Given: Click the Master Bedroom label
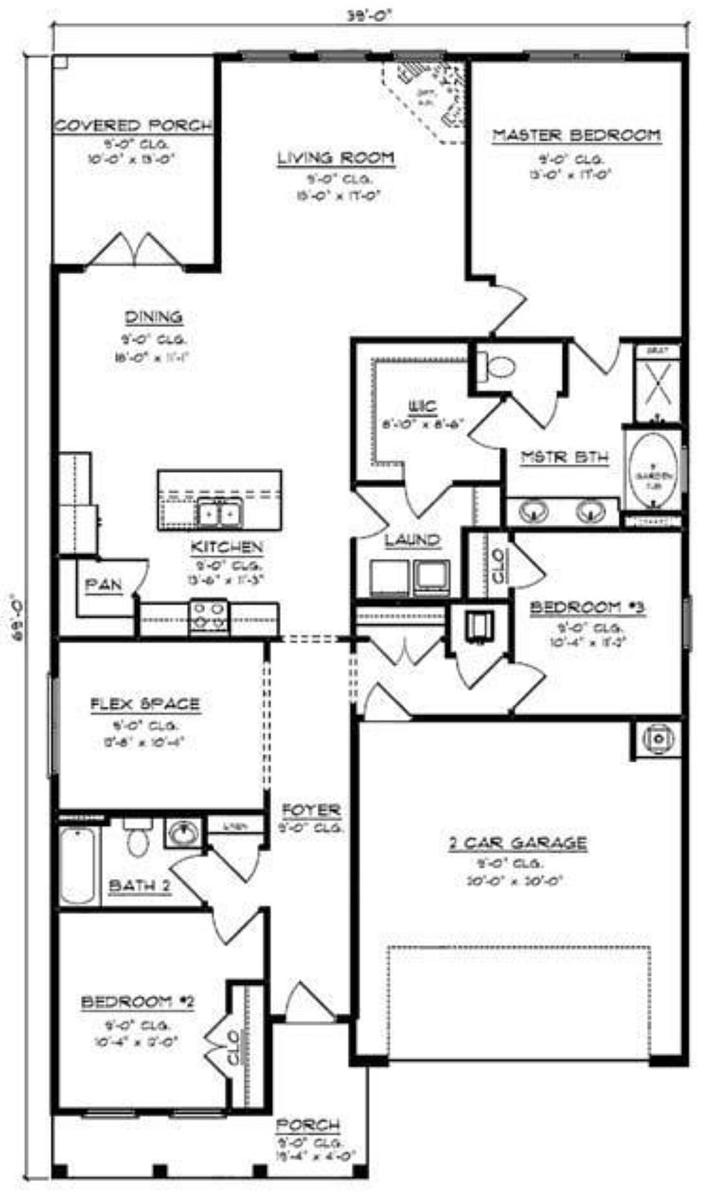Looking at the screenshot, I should tap(576, 135).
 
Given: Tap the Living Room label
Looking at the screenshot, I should tap(335, 158).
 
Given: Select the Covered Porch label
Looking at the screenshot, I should tap(133, 125).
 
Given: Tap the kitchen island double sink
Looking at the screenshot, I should tap(218, 514).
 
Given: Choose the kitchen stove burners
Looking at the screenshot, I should tap(208, 615).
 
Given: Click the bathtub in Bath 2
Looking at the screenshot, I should tap(78, 865).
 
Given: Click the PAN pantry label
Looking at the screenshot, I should tap(103, 585).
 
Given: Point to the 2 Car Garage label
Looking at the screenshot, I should tap(518, 843).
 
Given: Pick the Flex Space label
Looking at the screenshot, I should tap(145, 704).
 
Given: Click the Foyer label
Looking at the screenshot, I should tap(311, 809).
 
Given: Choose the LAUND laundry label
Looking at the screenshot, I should tap(412, 539).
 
